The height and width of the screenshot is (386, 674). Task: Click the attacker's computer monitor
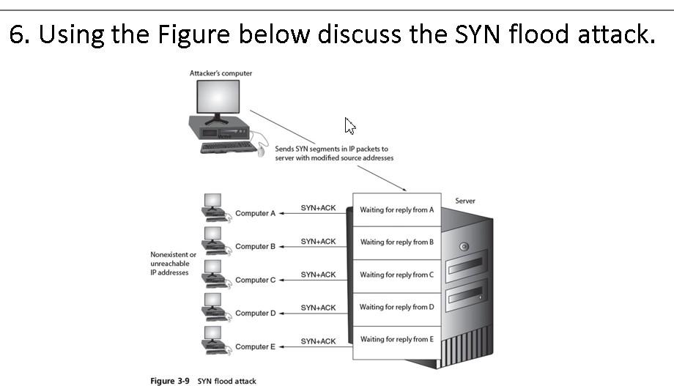click(x=217, y=100)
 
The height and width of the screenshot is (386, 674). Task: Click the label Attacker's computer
click(x=221, y=73)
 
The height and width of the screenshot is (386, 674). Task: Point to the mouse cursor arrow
click(x=350, y=126)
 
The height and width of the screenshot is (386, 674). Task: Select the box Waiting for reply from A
click(x=397, y=209)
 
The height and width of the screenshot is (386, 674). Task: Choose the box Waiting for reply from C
click(x=397, y=275)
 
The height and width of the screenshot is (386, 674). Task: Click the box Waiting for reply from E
click(x=397, y=339)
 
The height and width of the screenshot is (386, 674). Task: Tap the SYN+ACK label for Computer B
click(x=318, y=241)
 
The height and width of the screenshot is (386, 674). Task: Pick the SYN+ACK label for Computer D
click(x=318, y=308)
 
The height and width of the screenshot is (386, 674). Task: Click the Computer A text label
click(x=255, y=213)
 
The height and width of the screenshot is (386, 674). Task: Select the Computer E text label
click(x=255, y=346)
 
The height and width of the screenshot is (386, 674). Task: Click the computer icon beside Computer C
click(x=212, y=272)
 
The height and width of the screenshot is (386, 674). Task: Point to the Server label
click(x=465, y=200)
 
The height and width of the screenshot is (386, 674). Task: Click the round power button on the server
click(x=464, y=247)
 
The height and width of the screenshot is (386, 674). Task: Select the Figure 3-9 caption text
click(x=203, y=381)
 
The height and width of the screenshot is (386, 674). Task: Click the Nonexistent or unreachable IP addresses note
click(x=173, y=264)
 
